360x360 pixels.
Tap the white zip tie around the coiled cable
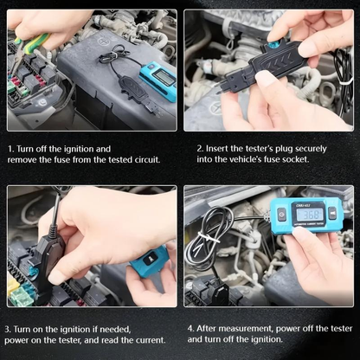[208, 239]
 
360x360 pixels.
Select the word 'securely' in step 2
[311, 149]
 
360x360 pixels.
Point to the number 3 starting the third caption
[8, 330]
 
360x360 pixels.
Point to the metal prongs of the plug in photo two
[220, 88]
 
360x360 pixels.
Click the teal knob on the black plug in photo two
[272, 45]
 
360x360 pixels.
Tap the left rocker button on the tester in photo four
[281, 215]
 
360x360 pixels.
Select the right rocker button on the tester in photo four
[332, 214]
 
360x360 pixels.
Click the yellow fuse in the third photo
[13, 283]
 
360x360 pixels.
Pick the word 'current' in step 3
[150, 340]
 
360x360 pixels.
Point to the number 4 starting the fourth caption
[190, 329]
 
